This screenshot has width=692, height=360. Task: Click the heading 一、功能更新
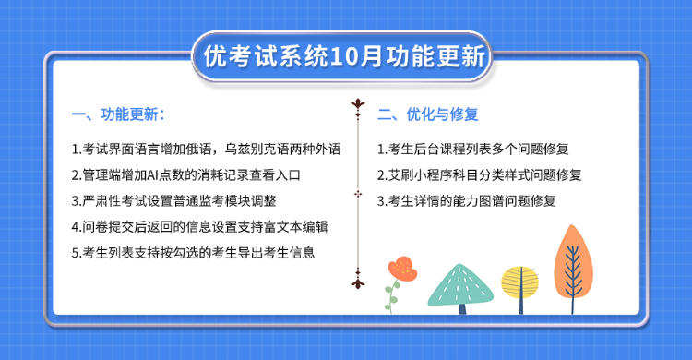[x=118, y=115]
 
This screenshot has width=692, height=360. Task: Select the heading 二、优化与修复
[x=427, y=115]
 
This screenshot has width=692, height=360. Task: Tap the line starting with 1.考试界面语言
[x=206, y=148]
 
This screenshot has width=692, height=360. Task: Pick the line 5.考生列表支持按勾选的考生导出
[x=193, y=252]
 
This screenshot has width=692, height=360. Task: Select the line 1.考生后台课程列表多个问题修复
[x=473, y=148]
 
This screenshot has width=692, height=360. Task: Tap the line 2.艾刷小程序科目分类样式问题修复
[x=480, y=174]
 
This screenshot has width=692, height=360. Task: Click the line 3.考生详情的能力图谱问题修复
[x=467, y=199]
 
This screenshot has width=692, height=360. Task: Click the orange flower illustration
[x=401, y=268]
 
